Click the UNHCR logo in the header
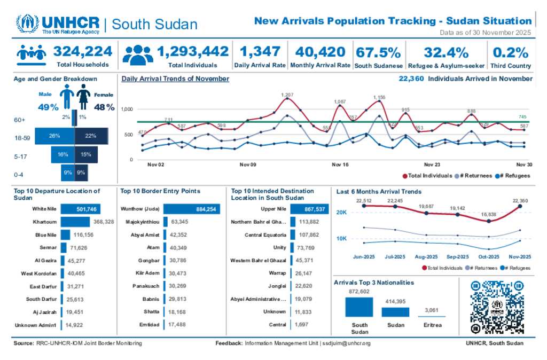pos(58,24)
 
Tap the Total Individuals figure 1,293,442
pos(193,52)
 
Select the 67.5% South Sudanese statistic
pos(378,52)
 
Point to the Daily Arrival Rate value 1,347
pos(260,52)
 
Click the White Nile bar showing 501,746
pos(81,209)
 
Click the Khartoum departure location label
pos(45,222)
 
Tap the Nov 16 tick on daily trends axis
pos(340,165)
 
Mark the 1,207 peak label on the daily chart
pos(287,95)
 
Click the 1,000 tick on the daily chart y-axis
pos(127,109)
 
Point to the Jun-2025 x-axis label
pos(364,257)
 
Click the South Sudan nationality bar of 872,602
pos(359,307)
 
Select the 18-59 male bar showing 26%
pos(54,136)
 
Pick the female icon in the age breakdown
pos(83,97)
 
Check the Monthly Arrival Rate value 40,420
pos(320,52)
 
